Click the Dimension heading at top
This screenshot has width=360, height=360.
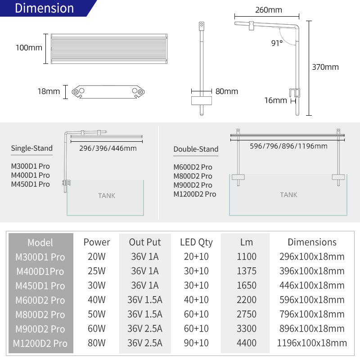tap(44, 8)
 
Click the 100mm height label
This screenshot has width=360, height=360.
tap(29, 47)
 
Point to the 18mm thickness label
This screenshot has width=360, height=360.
tap(49, 91)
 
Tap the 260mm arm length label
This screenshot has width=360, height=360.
tap(268, 10)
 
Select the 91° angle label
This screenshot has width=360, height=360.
tap(277, 43)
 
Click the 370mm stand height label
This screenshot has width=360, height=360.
tap(325, 67)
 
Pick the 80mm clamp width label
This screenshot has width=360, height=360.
tap(227, 91)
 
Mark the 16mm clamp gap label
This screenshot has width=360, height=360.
tap(275, 100)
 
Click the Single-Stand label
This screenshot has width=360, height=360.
tap(31, 148)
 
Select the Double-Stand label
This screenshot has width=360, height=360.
tap(196, 149)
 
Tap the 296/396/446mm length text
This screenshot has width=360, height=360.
tap(108, 148)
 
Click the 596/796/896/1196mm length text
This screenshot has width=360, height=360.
tap(288, 146)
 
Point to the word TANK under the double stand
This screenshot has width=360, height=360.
tap(288, 195)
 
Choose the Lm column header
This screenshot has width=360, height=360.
tap(246, 243)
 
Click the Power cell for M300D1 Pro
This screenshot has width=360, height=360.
tap(96, 257)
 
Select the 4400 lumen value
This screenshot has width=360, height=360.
tap(246, 343)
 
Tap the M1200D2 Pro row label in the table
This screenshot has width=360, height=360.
tap(40, 344)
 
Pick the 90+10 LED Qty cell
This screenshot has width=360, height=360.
tap(196, 343)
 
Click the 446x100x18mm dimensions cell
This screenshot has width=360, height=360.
tap(312, 286)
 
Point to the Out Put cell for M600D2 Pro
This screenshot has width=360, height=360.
tap(144, 300)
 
